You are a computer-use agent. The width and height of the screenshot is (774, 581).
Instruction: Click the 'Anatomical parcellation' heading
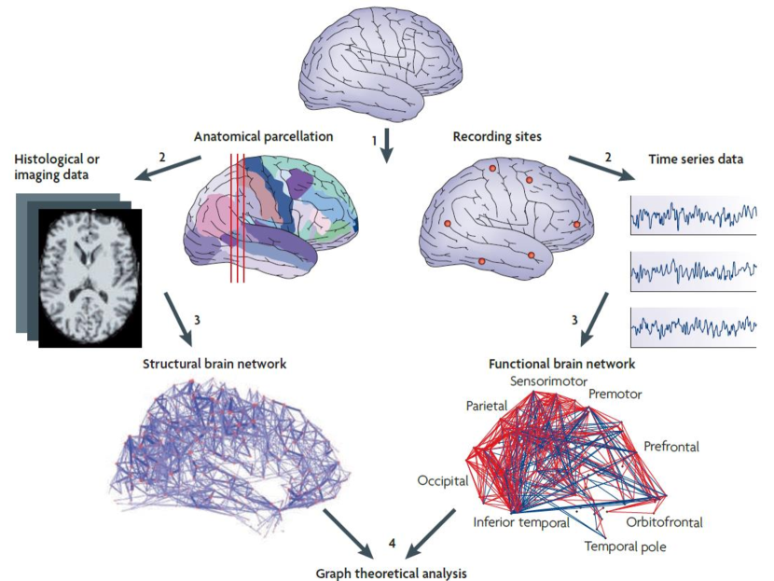263,136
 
